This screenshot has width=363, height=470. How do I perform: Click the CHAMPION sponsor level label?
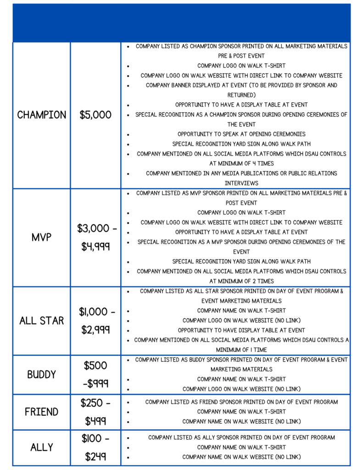click(x=42, y=115)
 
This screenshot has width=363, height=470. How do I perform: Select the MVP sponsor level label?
click(x=42, y=237)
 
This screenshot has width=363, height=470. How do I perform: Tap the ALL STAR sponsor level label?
click(x=42, y=320)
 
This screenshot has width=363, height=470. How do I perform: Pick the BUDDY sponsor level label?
click(x=42, y=375)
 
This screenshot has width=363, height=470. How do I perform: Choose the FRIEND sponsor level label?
click(x=42, y=412)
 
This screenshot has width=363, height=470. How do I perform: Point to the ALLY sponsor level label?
click(x=42, y=447)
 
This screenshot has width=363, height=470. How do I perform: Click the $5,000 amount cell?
click(x=95, y=115)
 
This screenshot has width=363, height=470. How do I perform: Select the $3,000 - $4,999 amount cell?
click(x=95, y=237)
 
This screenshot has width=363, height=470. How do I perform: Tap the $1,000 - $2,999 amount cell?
click(x=95, y=320)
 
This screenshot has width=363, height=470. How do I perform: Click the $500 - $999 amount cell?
click(x=95, y=375)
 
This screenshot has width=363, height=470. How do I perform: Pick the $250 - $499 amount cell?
click(x=95, y=412)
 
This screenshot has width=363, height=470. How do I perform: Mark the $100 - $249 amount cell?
click(x=95, y=447)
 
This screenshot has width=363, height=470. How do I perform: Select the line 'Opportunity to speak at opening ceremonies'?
click(x=241, y=134)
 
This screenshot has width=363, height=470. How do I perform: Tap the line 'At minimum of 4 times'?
click(x=241, y=163)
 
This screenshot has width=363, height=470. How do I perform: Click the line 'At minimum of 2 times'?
click(x=241, y=281)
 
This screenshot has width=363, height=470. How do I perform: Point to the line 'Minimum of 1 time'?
click(x=241, y=350)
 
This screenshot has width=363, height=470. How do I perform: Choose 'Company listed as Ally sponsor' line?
click(x=241, y=437)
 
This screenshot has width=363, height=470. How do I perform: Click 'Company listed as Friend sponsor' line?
click(x=241, y=402)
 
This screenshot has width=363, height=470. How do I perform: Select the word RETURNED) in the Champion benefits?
click(x=241, y=95)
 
